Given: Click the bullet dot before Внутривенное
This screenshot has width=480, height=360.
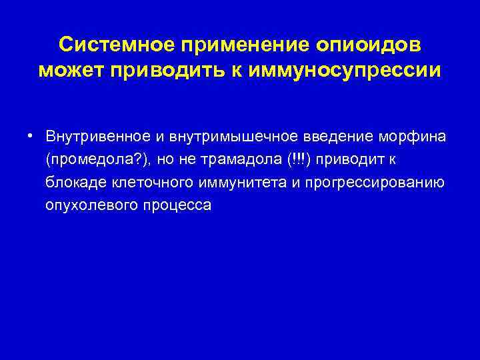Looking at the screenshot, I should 31,135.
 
